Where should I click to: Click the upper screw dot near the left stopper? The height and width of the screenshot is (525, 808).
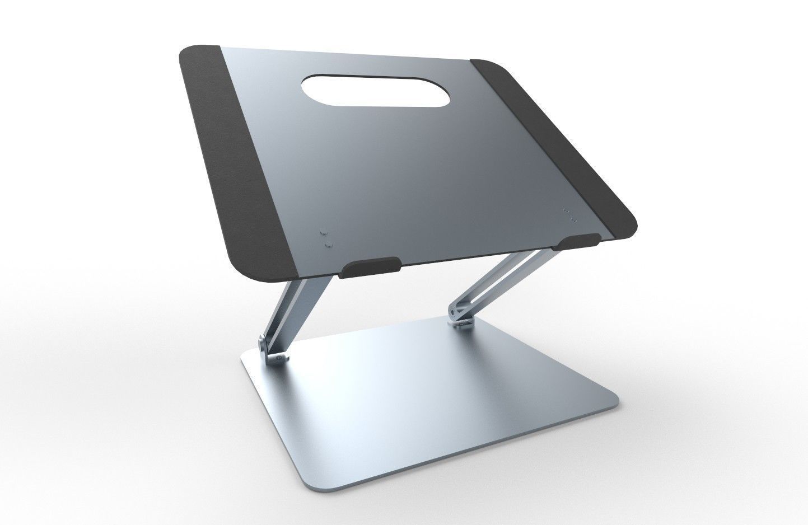coord(323,232)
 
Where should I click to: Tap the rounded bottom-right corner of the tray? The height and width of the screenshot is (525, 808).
coord(630,229)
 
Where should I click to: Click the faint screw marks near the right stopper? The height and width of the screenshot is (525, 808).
coord(568,216)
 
